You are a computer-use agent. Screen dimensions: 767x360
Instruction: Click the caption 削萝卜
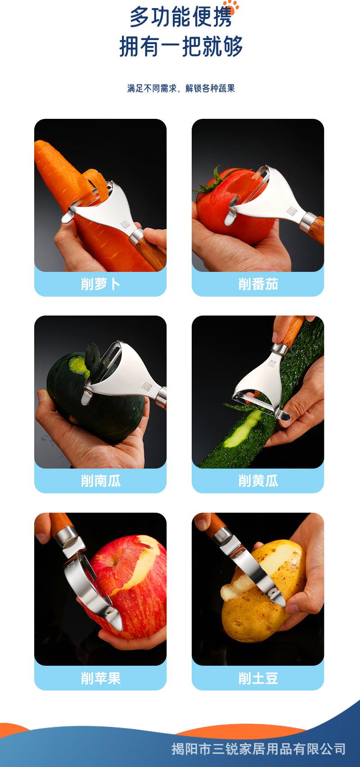pyautogui.click(x=100, y=284)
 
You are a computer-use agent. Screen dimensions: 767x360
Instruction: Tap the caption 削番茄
pyautogui.click(x=258, y=284)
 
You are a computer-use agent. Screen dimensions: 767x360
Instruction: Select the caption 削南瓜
pyautogui.click(x=100, y=481)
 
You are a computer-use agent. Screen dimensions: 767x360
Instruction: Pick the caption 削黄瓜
pyautogui.click(x=258, y=481)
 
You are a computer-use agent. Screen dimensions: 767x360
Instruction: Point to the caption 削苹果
pyautogui.click(x=100, y=678)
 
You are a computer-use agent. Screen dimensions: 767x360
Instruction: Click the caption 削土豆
pyautogui.click(x=258, y=678)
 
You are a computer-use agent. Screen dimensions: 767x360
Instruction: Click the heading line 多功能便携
pyautogui.click(x=180, y=18)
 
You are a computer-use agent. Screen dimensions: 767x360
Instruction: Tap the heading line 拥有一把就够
pyautogui.click(x=180, y=47)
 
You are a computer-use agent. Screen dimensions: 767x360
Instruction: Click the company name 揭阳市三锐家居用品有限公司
pyautogui.click(x=258, y=749)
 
